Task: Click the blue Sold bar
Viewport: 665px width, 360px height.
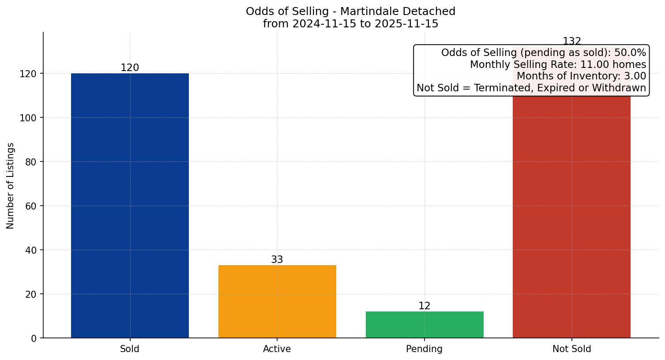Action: [x=130, y=205]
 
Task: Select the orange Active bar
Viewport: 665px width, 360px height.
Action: [x=277, y=301]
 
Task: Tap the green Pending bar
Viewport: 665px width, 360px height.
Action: [x=425, y=325]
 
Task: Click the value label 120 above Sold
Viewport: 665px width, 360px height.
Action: [x=130, y=68]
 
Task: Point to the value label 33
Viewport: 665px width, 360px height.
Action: [x=277, y=260]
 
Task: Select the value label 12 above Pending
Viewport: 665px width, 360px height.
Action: [x=425, y=306]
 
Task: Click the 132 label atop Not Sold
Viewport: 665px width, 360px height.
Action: [x=572, y=41]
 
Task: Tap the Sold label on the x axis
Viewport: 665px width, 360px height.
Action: [x=130, y=349]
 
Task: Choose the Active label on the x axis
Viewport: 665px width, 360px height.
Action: [x=277, y=349]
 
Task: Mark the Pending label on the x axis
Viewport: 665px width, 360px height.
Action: [x=425, y=349]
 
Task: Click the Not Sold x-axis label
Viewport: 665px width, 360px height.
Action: [x=572, y=349]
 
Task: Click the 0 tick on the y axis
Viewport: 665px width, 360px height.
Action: [x=34, y=338]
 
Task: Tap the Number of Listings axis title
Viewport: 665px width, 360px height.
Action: [x=11, y=185]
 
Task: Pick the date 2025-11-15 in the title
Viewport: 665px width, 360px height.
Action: [x=406, y=24]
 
